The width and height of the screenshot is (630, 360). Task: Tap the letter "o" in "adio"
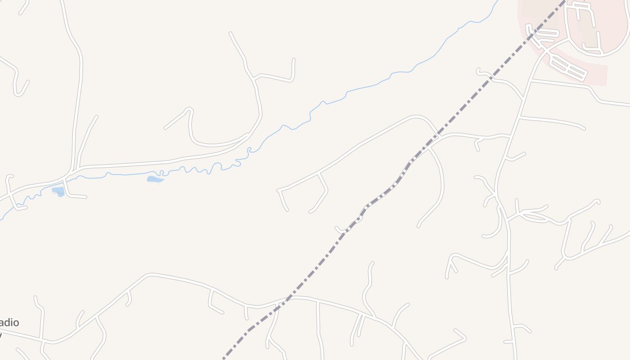(16, 323)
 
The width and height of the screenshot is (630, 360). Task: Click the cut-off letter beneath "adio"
(1, 335)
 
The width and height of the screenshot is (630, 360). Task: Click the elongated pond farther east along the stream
(155, 180)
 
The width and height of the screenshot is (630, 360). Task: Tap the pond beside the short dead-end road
(58, 192)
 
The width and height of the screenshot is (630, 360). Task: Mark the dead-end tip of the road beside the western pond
(85, 197)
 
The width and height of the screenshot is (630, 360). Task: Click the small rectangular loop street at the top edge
(580, 5)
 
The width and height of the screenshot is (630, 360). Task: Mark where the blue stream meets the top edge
(498, 1)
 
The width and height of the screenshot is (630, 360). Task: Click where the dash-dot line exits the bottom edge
(224, 359)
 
